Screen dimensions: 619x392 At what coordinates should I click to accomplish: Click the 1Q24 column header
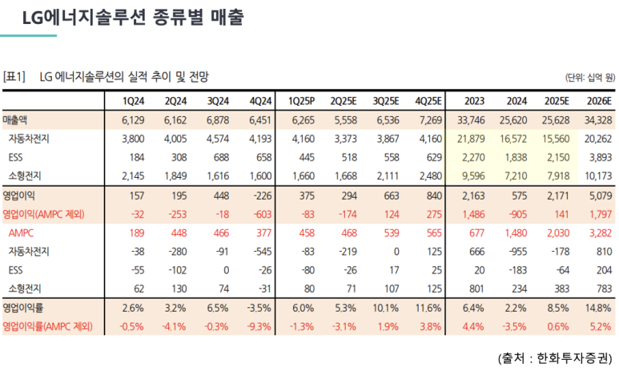(133, 101)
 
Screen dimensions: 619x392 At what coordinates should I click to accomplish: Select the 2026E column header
(599, 101)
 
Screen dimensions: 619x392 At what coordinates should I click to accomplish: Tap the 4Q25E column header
(428, 101)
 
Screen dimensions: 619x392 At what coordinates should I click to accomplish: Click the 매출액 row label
(15, 119)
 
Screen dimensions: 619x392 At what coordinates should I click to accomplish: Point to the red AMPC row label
(21, 232)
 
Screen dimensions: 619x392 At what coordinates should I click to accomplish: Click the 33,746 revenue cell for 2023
(471, 119)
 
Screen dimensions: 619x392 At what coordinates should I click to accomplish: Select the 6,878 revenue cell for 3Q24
(218, 119)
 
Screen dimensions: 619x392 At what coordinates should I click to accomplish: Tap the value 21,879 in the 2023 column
(471, 139)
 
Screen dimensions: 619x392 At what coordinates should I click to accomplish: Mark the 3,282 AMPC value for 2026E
(601, 232)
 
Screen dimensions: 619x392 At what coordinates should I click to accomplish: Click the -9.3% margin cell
(259, 326)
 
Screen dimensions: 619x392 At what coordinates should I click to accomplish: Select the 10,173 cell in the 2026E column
(598, 176)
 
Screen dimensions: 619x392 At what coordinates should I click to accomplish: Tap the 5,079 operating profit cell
(601, 196)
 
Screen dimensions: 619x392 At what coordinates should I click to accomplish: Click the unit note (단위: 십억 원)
(590, 78)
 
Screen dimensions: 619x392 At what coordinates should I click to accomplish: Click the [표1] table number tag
(14, 76)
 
